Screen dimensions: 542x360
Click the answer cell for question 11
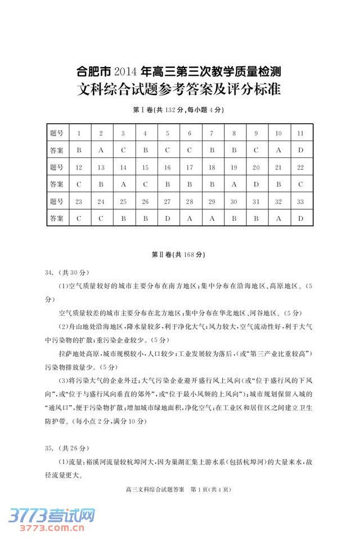coord(301,151)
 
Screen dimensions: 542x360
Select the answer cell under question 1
coord(79,151)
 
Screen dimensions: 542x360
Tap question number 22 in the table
coord(301,168)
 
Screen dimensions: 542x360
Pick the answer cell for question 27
coord(168,218)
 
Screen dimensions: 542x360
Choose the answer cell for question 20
coord(256,184)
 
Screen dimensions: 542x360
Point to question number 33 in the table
coord(301,201)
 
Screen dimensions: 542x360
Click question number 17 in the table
coord(190,168)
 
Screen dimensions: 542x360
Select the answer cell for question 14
coord(123,184)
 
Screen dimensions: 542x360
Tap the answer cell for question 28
coord(190,218)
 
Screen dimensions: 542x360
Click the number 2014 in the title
coord(125,72)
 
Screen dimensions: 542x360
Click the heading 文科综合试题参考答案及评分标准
coord(178,89)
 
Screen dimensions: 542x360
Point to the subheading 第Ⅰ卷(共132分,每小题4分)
coord(178,110)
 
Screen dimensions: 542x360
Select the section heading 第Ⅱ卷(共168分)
coord(178,255)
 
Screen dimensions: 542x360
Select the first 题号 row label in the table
coord(56,134)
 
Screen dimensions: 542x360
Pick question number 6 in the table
coord(190,134)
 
